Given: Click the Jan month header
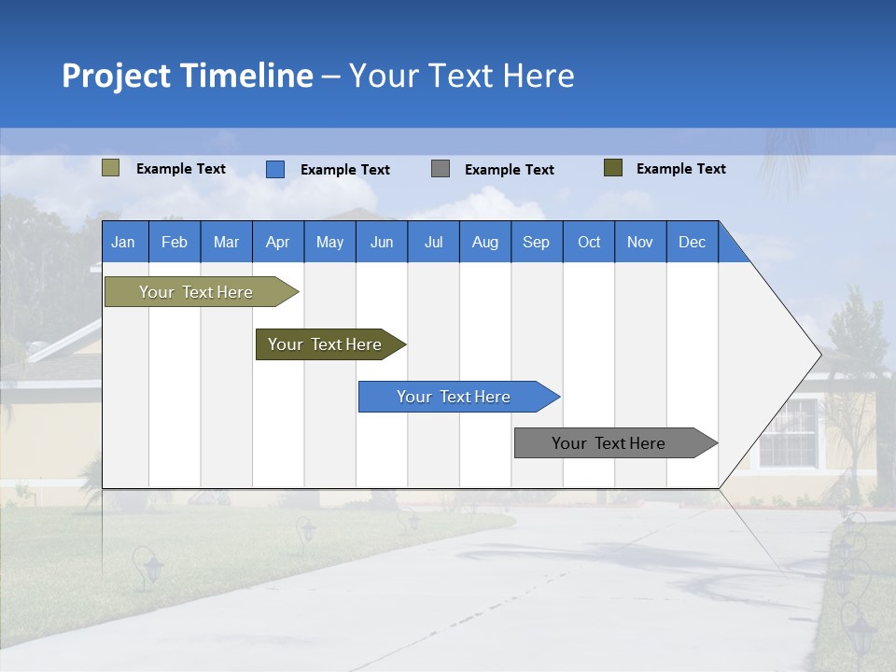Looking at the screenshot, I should point(123,242).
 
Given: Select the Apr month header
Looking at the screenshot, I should point(277,242).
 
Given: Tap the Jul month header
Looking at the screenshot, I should point(433,242).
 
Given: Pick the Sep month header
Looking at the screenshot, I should point(536,242).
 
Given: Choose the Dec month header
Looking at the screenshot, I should point(692,242).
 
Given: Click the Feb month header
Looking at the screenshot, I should point(175,242).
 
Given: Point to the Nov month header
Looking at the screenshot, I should point(639,242).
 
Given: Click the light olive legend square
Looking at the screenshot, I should point(110,168).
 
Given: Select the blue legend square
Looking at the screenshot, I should point(275,169).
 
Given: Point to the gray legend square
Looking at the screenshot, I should point(441,169).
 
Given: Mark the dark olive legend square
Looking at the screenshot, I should point(612,168).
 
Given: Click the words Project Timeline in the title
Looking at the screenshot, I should point(187,76).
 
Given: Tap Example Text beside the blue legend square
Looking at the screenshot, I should point(344,170).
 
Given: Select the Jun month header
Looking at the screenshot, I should point(381,242).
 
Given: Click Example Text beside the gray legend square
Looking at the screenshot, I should point(509,170).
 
